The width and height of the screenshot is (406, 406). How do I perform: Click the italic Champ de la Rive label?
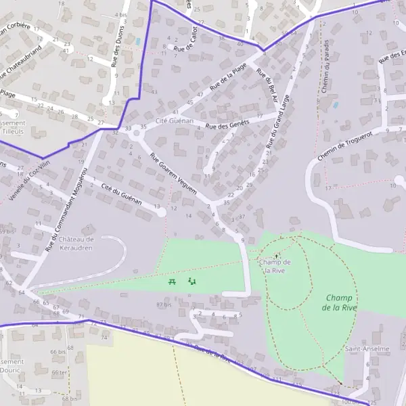[x=340, y=302]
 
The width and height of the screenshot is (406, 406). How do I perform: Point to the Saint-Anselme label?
[x=367, y=349]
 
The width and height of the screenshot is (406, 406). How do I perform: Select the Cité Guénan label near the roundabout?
[x=175, y=120]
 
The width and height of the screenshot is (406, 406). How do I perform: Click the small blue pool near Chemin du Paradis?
[x=335, y=105]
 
